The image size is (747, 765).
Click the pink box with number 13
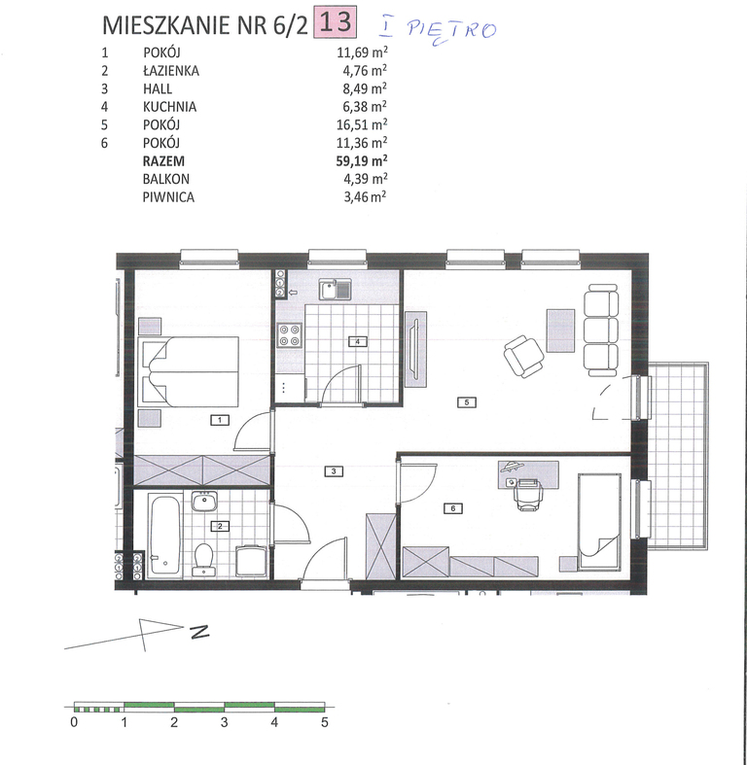pos(337,22)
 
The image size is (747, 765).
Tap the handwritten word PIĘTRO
pos(451,32)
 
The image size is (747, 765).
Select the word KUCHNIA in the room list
pos(169,107)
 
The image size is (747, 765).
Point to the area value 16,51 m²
pos(362,124)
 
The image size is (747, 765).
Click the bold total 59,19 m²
pos(362,160)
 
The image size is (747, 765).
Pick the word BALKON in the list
pos(166,179)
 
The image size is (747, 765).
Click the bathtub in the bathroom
pos(165,535)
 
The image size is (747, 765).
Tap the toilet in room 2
pos(203,559)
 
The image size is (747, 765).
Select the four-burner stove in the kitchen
pos(289,335)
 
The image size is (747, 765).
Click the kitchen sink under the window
pos(336,290)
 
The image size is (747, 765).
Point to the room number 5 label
pos(467,402)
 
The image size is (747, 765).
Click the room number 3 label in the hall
pos(334,471)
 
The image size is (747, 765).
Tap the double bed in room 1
pos(189,371)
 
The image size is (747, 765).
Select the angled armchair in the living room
pos(523,356)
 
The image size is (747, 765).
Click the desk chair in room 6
pos(528,495)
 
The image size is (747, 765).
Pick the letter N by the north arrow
pos(199,632)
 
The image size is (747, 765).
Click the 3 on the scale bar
pos(224,722)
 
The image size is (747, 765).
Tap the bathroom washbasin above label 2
pos(204,502)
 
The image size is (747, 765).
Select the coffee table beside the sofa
pos(561,330)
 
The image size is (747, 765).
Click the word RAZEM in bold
pos(163,161)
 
